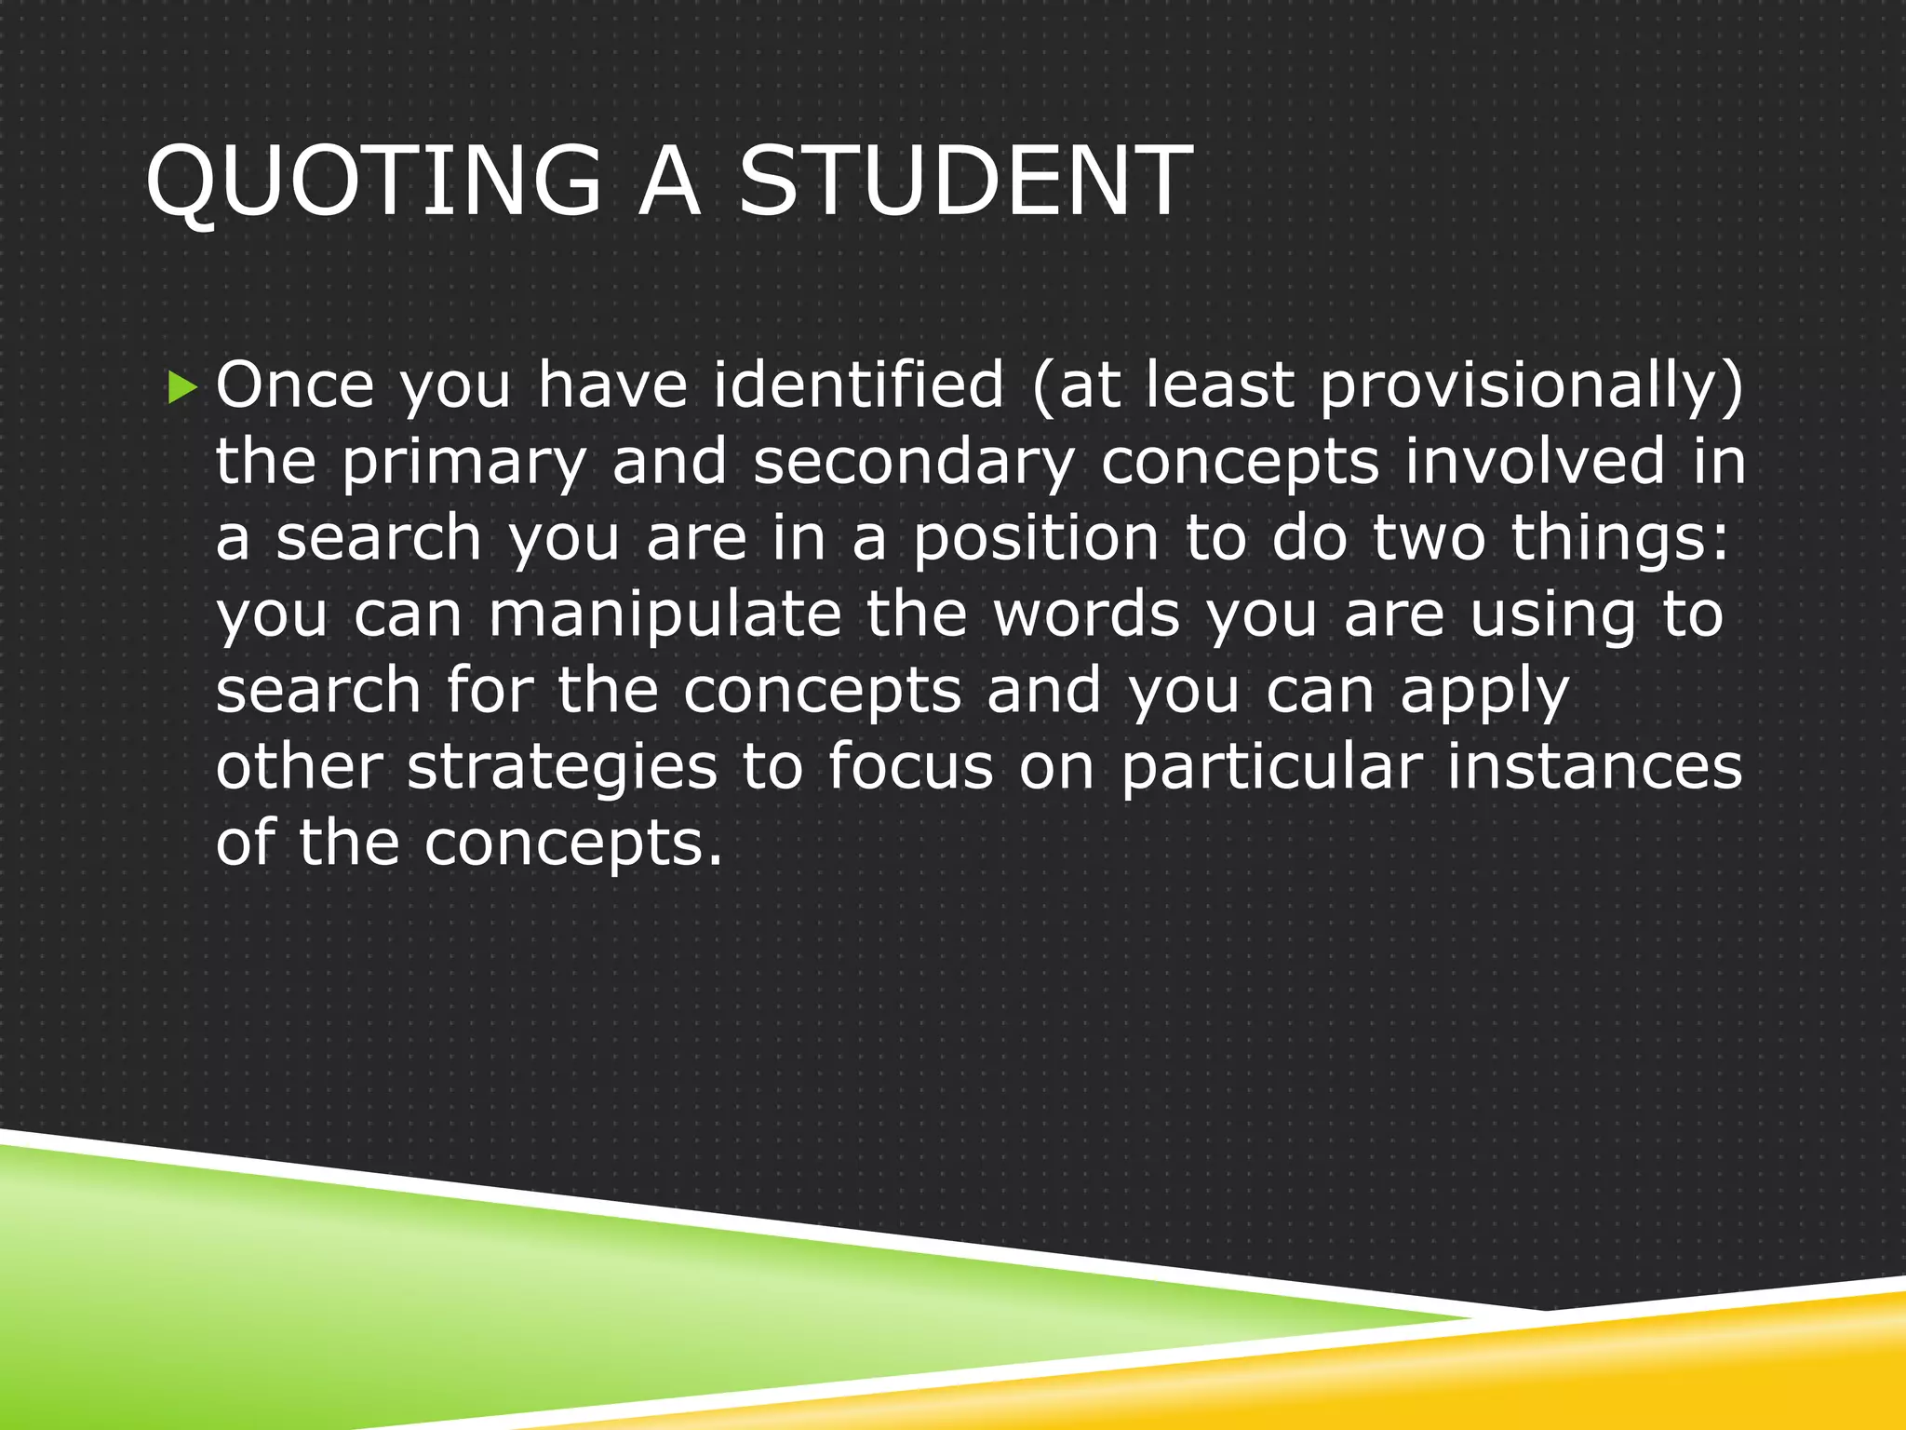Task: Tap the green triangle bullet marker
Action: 183,386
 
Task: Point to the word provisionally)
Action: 1531,386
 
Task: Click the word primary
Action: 463,463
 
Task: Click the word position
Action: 1035,539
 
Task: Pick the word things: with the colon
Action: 1619,539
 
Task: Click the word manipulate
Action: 664,615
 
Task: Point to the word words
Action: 1087,615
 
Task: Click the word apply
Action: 1484,694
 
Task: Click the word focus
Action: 910,768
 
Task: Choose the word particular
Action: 1271,768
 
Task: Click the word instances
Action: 1593,768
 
